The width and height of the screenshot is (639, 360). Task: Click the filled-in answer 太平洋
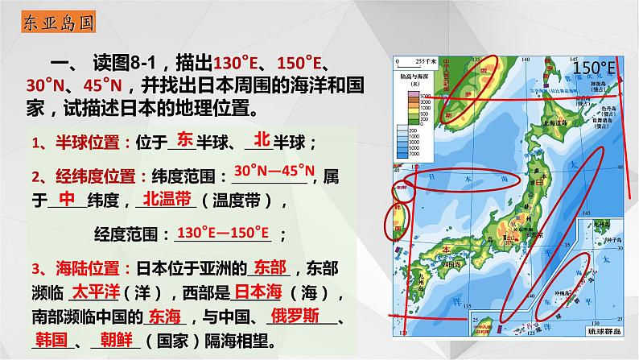(x=95, y=289)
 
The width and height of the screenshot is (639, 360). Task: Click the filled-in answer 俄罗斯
(x=295, y=314)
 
